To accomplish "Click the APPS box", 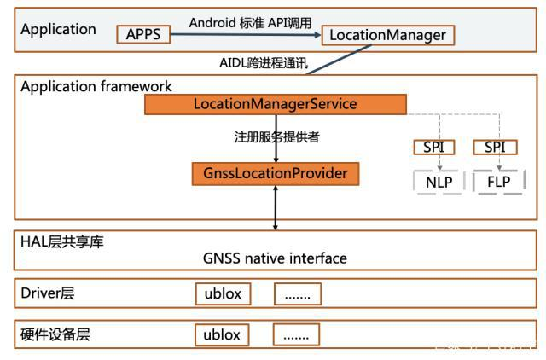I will tap(143, 35).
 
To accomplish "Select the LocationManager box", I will tap(387, 35).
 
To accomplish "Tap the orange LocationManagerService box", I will tap(275, 104).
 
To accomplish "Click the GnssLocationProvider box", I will tap(275, 174).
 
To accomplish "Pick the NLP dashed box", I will tap(439, 181).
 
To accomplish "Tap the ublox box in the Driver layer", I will tap(223, 294).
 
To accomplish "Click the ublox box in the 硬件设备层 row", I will tap(223, 334).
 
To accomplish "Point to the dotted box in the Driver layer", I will tap(298, 294).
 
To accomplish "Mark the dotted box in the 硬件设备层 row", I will tap(298, 334).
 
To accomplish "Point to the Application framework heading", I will tap(96, 86).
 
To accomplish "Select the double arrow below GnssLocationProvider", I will tap(275, 207).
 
